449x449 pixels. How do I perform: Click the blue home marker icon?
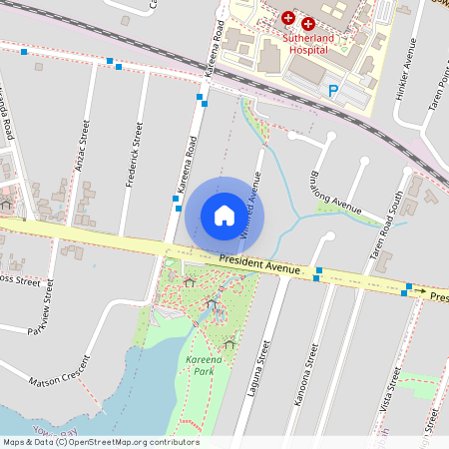tap(224, 214)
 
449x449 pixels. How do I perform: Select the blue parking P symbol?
tap(334, 90)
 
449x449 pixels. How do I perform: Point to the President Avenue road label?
tap(258, 264)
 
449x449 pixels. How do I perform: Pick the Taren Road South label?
tap(388, 225)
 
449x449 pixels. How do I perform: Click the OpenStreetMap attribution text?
tap(100, 442)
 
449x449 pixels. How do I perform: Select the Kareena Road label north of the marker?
tap(215, 50)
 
